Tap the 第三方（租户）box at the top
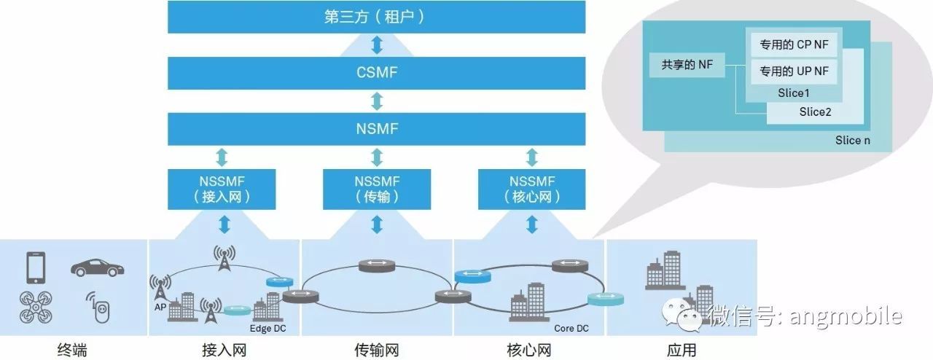coord(376,17)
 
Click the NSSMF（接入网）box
coord(221,188)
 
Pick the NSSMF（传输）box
coord(376,188)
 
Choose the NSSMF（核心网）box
coord(531,188)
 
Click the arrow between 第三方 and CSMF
coord(377,44)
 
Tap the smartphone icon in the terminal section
coord(35,267)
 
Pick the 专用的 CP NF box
coord(794,45)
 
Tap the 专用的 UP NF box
coord(794,71)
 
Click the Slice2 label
coord(815,112)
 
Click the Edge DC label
coord(268,329)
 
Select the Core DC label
coord(571,329)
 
